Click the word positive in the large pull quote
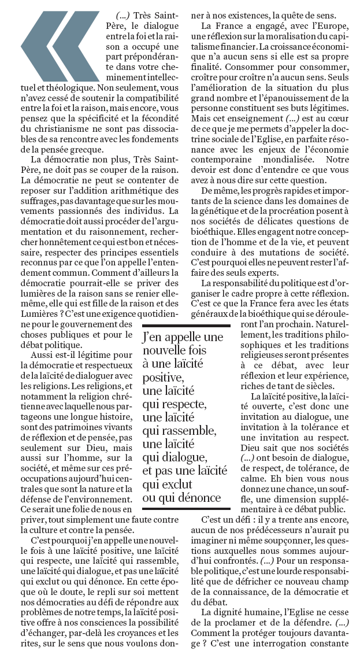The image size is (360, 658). (x=163, y=378)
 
